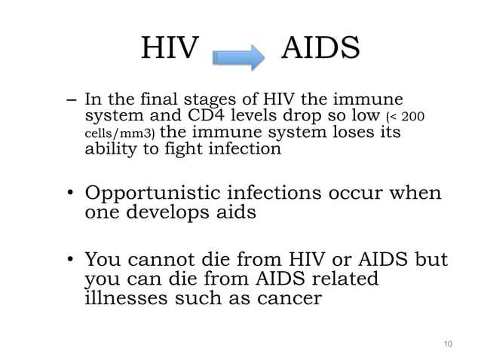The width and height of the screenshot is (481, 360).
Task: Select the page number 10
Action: pyautogui.click(x=448, y=344)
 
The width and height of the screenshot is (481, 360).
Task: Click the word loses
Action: pyautogui.click(x=357, y=133)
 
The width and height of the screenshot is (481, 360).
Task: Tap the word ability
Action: pyautogui.click(x=109, y=149)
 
